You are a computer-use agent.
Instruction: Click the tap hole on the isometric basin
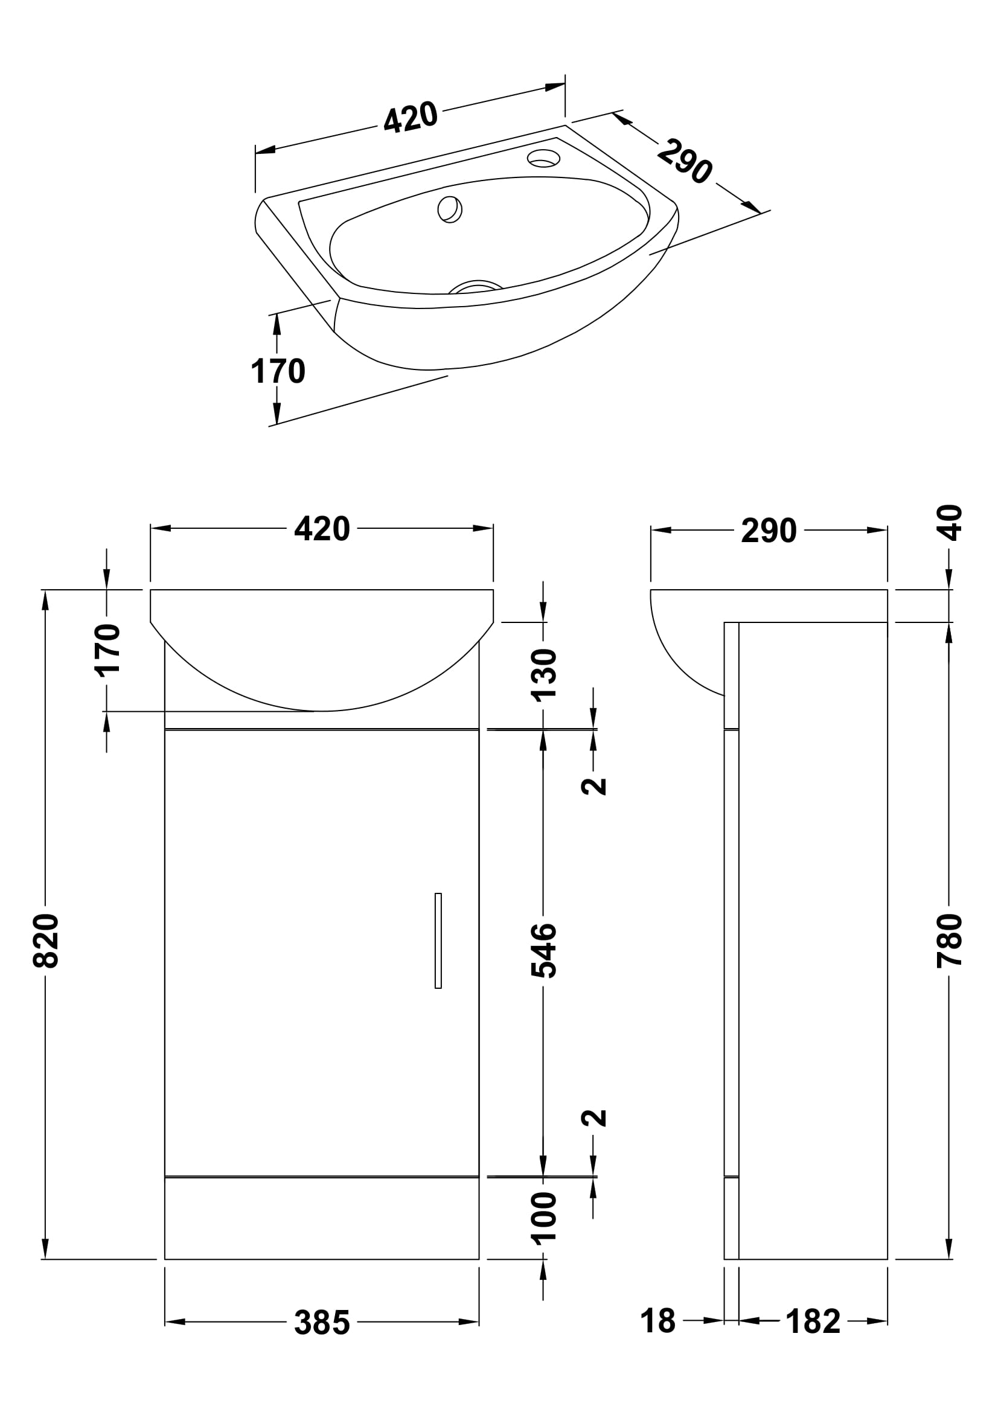tap(543, 159)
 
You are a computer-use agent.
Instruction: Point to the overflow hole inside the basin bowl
tap(450, 209)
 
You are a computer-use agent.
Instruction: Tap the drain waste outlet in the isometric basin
tap(475, 287)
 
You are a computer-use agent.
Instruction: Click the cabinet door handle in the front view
tap(438, 941)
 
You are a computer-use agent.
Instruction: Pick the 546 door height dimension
tap(543, 950)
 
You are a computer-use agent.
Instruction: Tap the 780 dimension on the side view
tap(949, 941)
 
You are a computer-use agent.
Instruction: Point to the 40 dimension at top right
tap(950, 523)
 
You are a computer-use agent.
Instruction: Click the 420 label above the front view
tap(322, 529)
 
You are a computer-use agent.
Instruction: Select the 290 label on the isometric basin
tap(685, 162)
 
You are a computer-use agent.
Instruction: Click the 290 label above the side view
tap(769, 531)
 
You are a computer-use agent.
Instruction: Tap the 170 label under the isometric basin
tap(278, 371)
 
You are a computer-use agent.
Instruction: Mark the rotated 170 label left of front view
tap(107, 650)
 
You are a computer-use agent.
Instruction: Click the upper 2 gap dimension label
tap(594, 786)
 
